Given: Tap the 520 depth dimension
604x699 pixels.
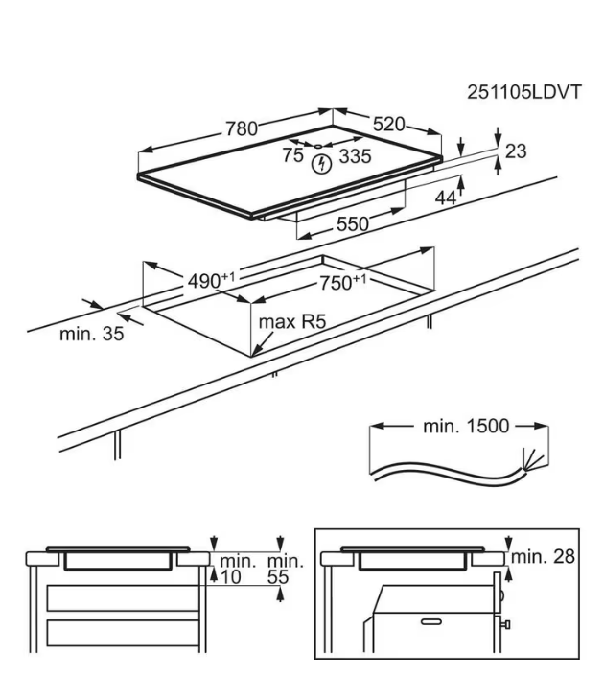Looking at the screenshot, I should tap(386, 124).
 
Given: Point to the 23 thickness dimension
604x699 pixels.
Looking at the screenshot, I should tap(516, 151).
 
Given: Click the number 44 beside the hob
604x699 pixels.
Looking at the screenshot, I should tap(445, 198).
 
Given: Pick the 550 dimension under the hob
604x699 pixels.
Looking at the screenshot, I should tap(352, 223).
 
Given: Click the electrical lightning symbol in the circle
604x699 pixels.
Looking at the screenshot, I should tap(323, 165).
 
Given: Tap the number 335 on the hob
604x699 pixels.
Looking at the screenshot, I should tap(356, 155).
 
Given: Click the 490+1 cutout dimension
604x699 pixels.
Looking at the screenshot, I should tap(211, 280).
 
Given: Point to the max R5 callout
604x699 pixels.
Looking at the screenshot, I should tap(291, 322).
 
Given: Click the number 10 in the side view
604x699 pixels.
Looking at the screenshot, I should tap(229, 577).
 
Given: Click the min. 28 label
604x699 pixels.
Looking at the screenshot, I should tap(543, 557).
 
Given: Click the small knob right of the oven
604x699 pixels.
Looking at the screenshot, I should tap(504, 624).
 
